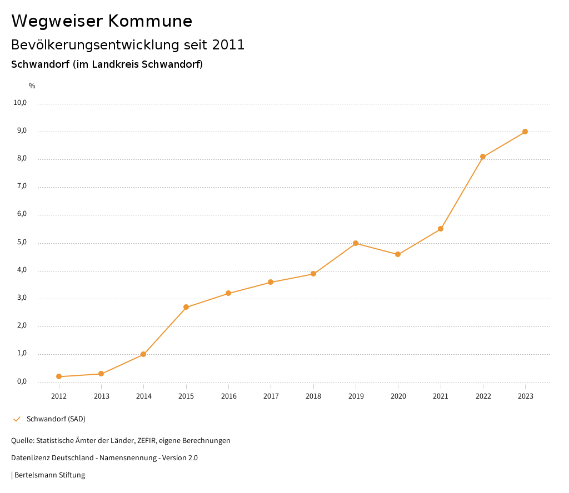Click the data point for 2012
pos(59,376)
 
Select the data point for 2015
pos(186,307)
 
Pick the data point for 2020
pos(398,254)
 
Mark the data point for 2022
pos(483,157)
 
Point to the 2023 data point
pos(525,132)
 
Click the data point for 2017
pos(271,282)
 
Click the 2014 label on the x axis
pos(144,396)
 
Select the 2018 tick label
pos(313,396)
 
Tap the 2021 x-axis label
pos(441,396)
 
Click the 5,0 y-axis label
pos(22,243)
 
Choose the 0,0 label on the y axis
pos(22,381)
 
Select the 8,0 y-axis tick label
pos(22,159)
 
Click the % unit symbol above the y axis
pos(32,86)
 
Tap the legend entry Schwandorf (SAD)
pos(56,419)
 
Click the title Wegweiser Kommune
pos(102,21)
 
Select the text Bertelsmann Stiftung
pos(49,475)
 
